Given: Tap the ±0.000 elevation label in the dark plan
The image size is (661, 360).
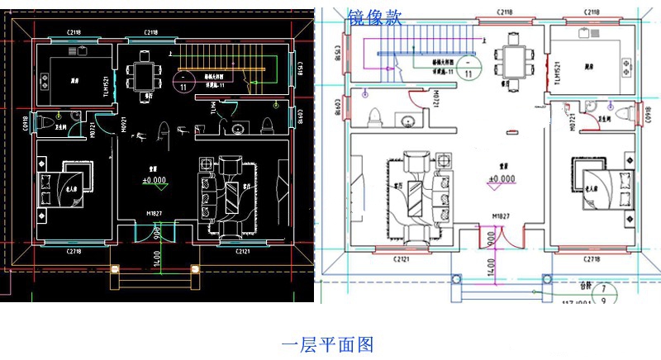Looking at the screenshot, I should click(155, 179).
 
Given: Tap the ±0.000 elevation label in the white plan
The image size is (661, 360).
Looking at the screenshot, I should click(501, 179).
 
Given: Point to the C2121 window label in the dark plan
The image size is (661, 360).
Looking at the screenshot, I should click(242, 251).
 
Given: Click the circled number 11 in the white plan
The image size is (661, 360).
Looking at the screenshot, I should click(468, 73).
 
